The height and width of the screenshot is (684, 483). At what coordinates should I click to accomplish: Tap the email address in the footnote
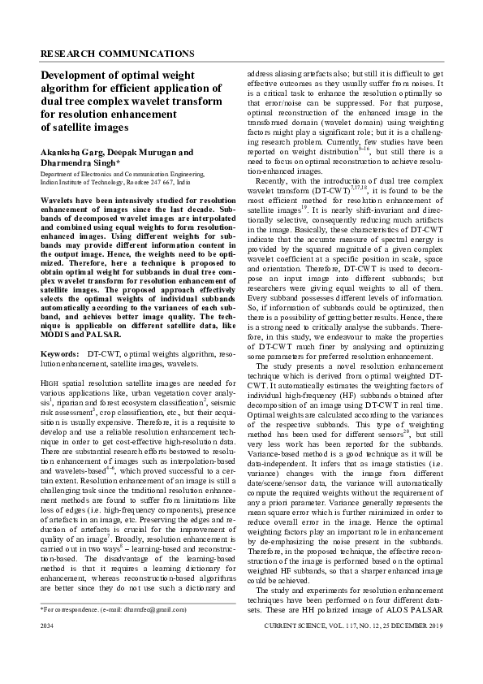[x=146, y=631]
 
